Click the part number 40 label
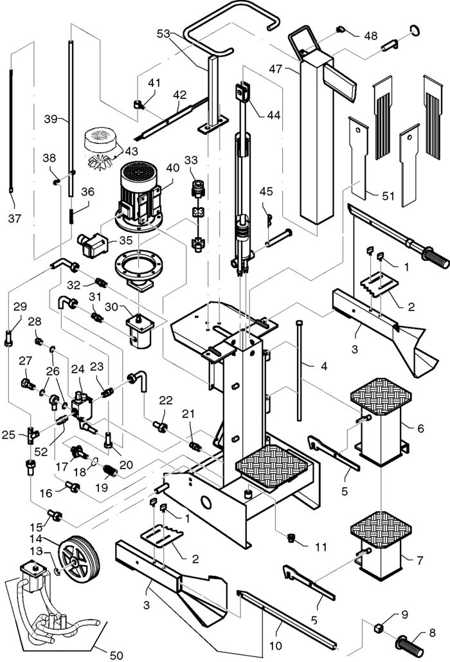click(173, 168)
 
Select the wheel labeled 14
click(81, 559)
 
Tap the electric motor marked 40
click(139, 197)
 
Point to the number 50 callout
click(116, 655)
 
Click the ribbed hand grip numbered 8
click(410, 641)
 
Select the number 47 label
click(275, 68)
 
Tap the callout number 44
click(273, 115)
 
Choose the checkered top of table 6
click(381, 396)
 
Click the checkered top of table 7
click(381, 530)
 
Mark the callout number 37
click(15, 219)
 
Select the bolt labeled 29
click(8, 339)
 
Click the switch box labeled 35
click(93, 244)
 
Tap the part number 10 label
click(275, 645)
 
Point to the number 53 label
click(164, 33)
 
